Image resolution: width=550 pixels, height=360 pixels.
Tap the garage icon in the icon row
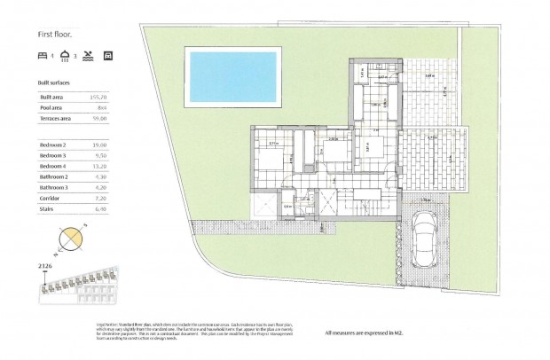coord(108,55)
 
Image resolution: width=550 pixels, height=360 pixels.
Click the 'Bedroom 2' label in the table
coord(56,144)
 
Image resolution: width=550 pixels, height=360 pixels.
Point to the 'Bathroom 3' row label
coord(57,188)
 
